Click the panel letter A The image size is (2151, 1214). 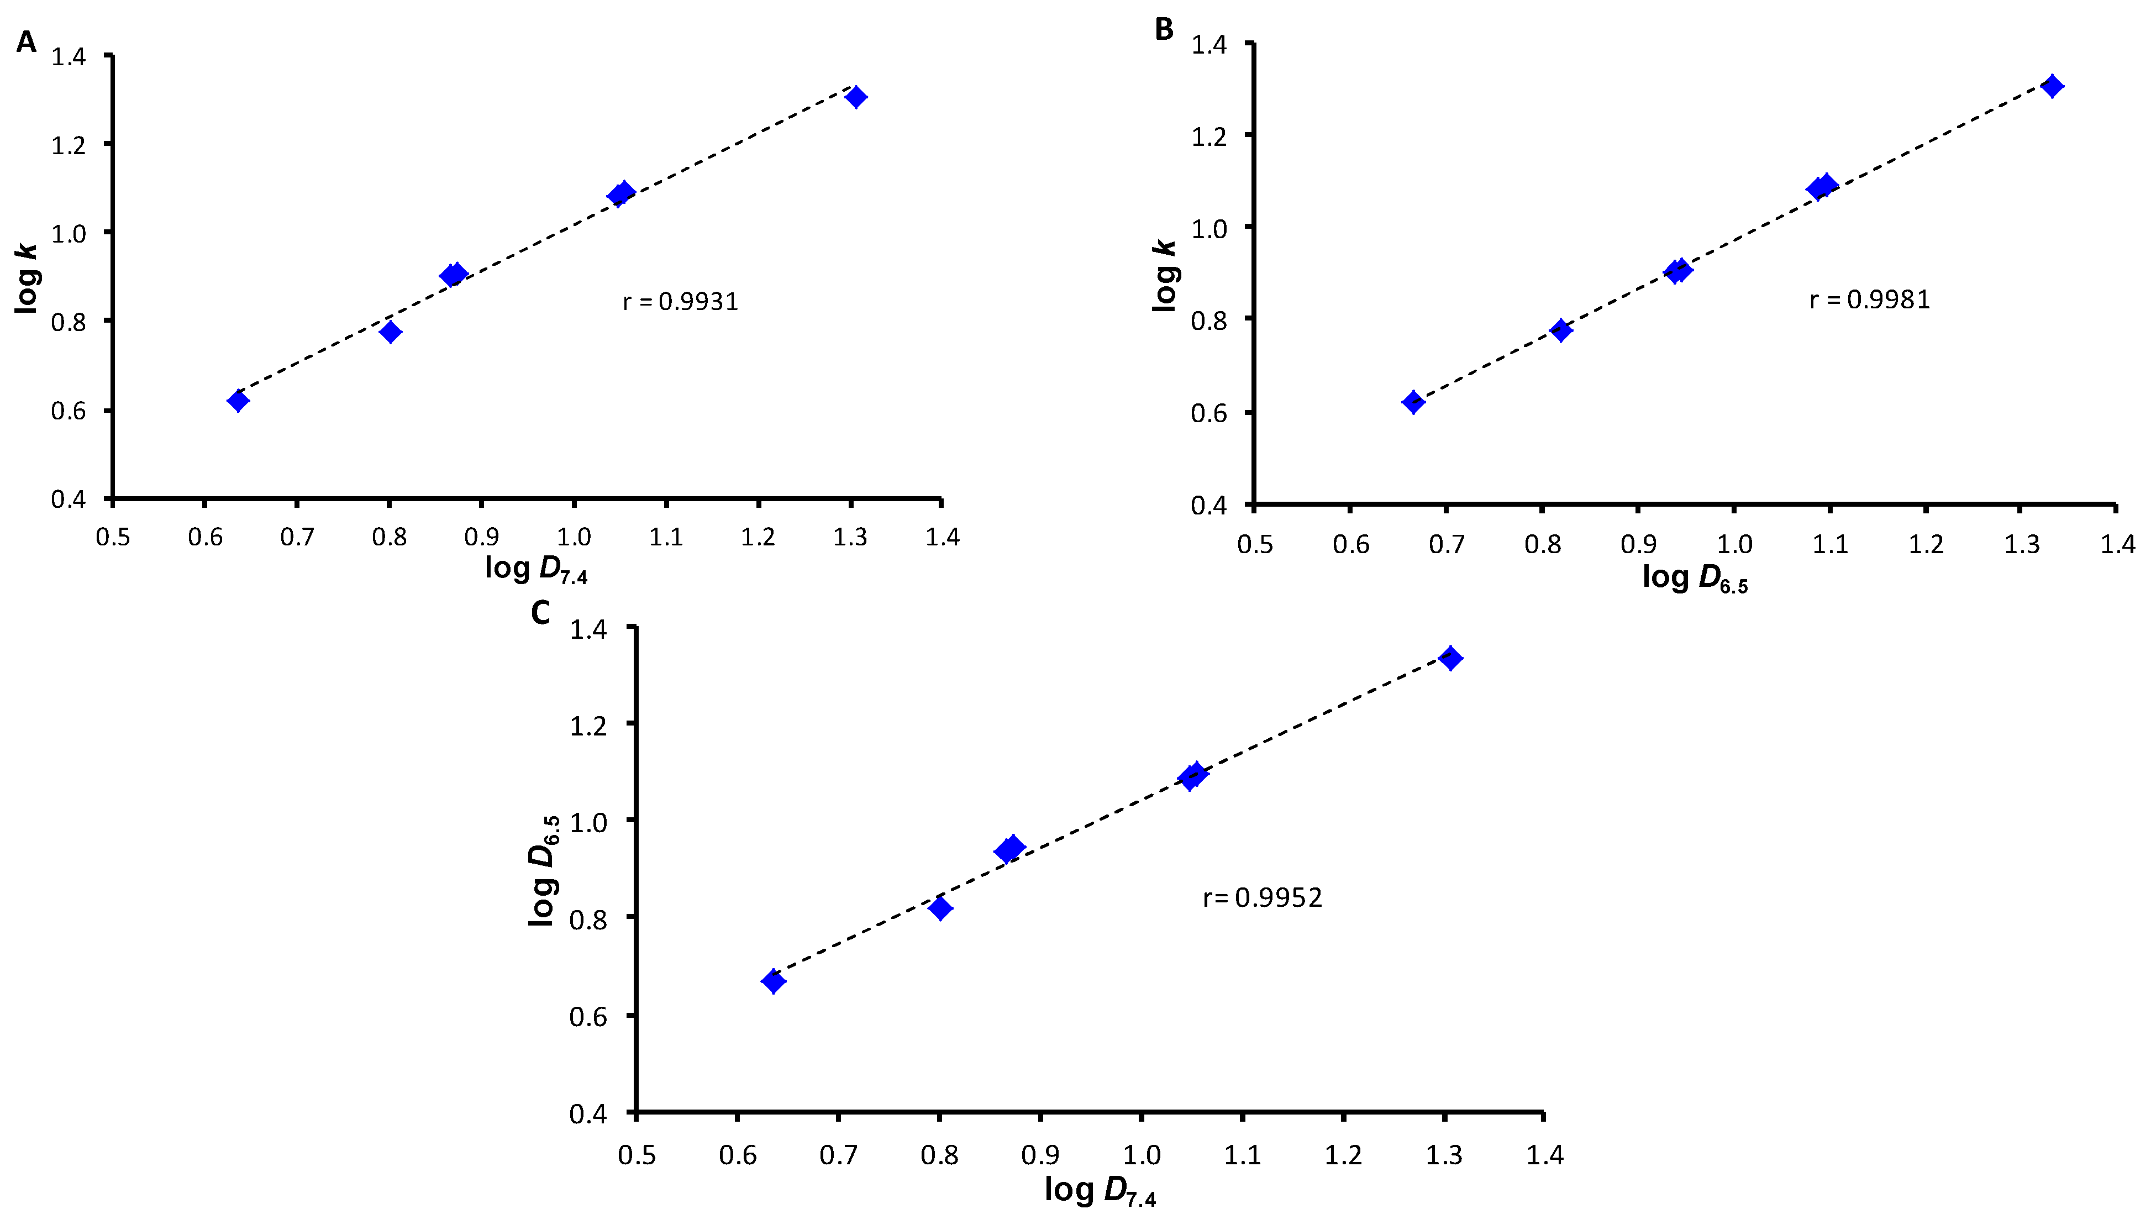pyautogui.click(x=26, y=42)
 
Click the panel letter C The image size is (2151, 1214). pyautogui.click(x=540, y=613)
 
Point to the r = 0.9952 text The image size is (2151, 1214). pyautogui.click(x=1262, y=897)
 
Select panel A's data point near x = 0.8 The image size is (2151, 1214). pyautogui.click(x=390, y=332)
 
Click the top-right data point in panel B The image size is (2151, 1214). pyautogui.click(x=2052, y=87)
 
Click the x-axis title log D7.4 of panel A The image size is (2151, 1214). pyautogui.click(x=536, y=569)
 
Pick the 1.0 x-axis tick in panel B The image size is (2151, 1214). pyautogui.click(x=1733, y=544)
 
